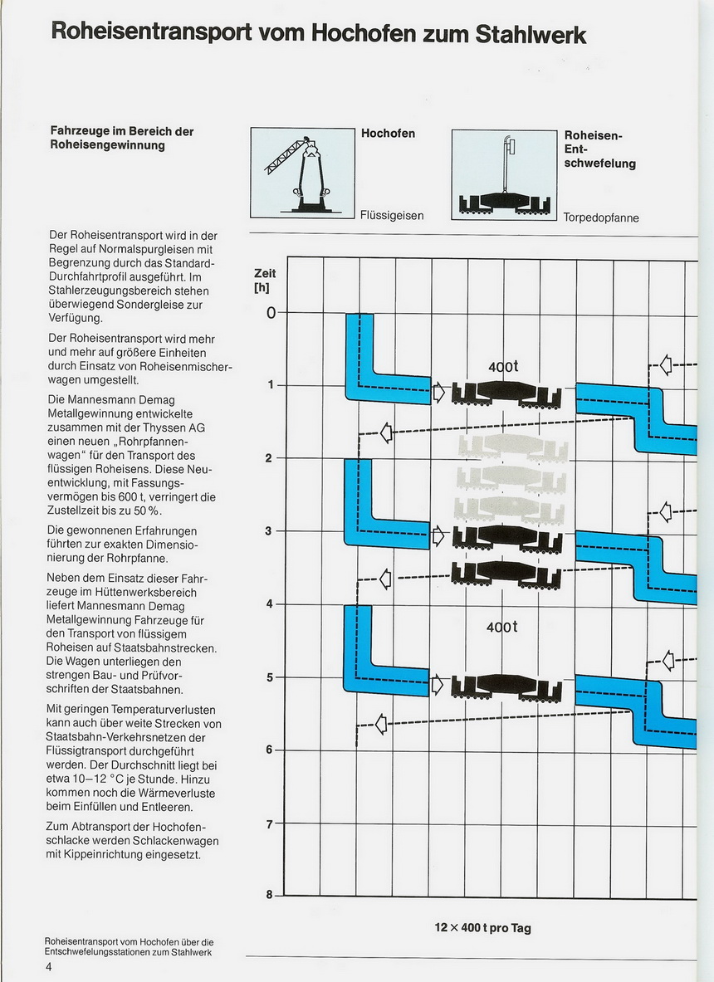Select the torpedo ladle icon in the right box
[504, 194]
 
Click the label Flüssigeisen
[392, 216]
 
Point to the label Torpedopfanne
[601, 218]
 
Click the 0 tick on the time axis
[271, 312]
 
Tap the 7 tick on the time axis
[269, 824]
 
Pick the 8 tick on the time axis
[269, 895]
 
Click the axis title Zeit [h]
[265, 281]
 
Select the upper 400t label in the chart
[503, 366]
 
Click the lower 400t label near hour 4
[502, 627]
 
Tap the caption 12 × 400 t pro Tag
[482, 927]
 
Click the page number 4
[49, 966]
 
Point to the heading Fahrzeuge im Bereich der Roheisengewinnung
[121, 139]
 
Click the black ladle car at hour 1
[506, 394]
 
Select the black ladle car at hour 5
[506, 687]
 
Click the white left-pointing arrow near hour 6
[381, 725]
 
